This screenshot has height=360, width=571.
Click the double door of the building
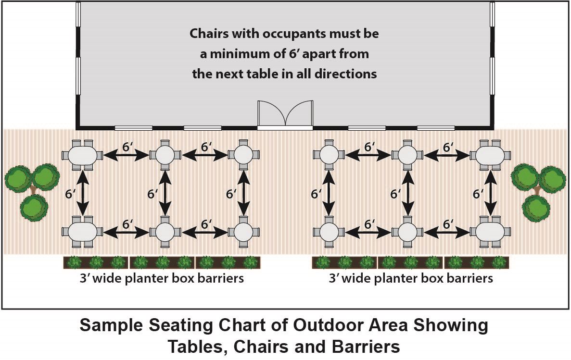[285, 115]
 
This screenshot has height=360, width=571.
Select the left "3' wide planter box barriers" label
[162, 278]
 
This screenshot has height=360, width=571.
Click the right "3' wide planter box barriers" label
[411, 278]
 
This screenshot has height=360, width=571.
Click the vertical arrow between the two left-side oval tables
[83, 193]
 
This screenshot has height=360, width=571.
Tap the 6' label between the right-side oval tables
[478, 194]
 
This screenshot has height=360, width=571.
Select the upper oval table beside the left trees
[83, 155]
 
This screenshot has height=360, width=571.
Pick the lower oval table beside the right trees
[491, 232]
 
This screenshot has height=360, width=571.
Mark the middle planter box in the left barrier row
[162, 262]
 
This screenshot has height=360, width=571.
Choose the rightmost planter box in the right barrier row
[477, 262]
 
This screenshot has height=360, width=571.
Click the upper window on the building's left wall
[78, 14]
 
